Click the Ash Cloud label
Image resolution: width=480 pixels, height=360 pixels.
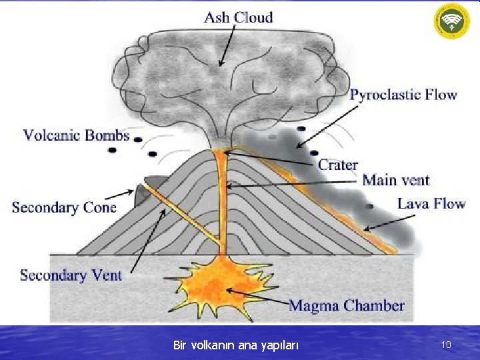pyautogui.click(x=238, y=17)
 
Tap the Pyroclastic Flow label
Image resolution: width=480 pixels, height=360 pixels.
pyautogui.click(x=403, y=95)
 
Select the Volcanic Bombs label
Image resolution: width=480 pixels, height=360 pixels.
pyautogui.click(x=77, y=136)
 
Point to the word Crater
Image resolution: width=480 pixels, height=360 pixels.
pyautogui.click(x=337, y=165)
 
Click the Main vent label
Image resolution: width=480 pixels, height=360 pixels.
pyautogui.click(x=396, y=180)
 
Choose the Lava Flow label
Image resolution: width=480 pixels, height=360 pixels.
pyautogui.click(x=431, y=203)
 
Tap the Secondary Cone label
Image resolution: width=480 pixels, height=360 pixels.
pyautogui.click(x=64, y=207)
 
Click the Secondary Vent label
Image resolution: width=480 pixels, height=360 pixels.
pyautogui.click(x=71, y=275)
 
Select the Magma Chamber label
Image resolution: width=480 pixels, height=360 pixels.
pyautogui.click(x=346, y=306)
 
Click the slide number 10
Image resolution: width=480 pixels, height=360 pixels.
pyautogui.click(x=446, y=345)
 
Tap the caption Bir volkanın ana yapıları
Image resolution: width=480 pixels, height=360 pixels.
pyautogui.click(x=236, y=345)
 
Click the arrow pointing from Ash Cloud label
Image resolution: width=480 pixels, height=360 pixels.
pyautogui.click(x=227, y=46)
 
